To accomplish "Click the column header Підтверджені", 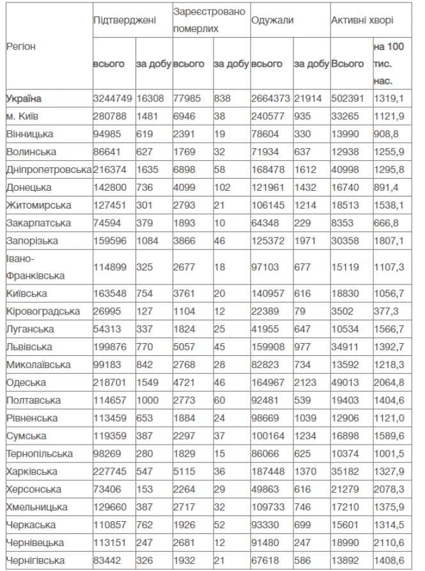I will [124, 20].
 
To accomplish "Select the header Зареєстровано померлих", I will [209, 20].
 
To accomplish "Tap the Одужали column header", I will [273, 20].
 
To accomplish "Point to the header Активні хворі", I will [362, 20].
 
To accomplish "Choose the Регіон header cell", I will [21, 47].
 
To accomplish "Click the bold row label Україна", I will [24, 98].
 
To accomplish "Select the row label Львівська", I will [29, 346].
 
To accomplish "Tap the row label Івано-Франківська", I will [35, 267].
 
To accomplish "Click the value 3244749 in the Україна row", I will [112, 98].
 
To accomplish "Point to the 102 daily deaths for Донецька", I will [222, 188].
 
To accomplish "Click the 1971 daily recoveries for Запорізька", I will [304, 241].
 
